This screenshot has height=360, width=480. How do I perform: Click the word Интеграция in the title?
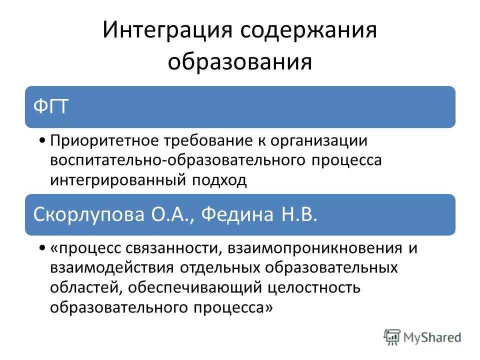point(167,31)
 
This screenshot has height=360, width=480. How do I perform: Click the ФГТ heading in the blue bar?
point(50,107)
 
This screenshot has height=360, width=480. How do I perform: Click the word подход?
point(222,180)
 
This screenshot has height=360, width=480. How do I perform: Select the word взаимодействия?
point(112,268)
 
